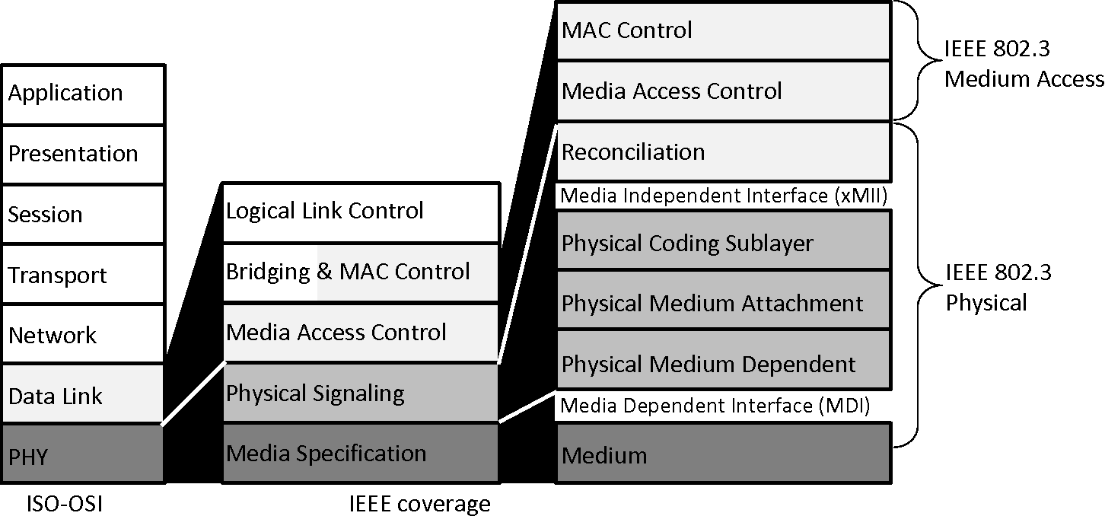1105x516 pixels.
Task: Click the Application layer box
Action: (x=83, y=94)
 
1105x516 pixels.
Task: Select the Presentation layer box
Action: (x=83, y=154)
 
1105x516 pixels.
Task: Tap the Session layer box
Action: (x=83, y=215)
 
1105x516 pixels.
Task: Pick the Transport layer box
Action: (x=83, y=275)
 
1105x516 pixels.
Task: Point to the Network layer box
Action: (x=83, y=335)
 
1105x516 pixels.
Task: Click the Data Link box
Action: (x=83, y=395)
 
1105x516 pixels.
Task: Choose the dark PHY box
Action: (x=83, y=455)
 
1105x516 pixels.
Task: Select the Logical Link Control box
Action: (x=361, y=212)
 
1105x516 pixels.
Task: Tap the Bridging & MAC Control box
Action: (x=361, y=272)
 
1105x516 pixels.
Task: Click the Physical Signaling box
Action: (x=361, y=393)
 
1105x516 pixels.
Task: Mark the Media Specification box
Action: (x=361, y=454)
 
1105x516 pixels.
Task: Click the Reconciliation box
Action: (x=723, y=152)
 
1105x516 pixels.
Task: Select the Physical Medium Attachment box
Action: (x=723, y=302)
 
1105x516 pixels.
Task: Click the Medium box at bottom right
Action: (x=723, y=454)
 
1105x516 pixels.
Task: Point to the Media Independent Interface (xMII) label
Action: (x=724, y=196)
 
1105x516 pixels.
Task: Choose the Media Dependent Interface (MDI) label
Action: (x=715, y=406)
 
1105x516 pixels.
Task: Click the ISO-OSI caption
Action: (x=64, y=503)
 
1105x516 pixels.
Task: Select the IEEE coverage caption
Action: (x=419, y=503)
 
